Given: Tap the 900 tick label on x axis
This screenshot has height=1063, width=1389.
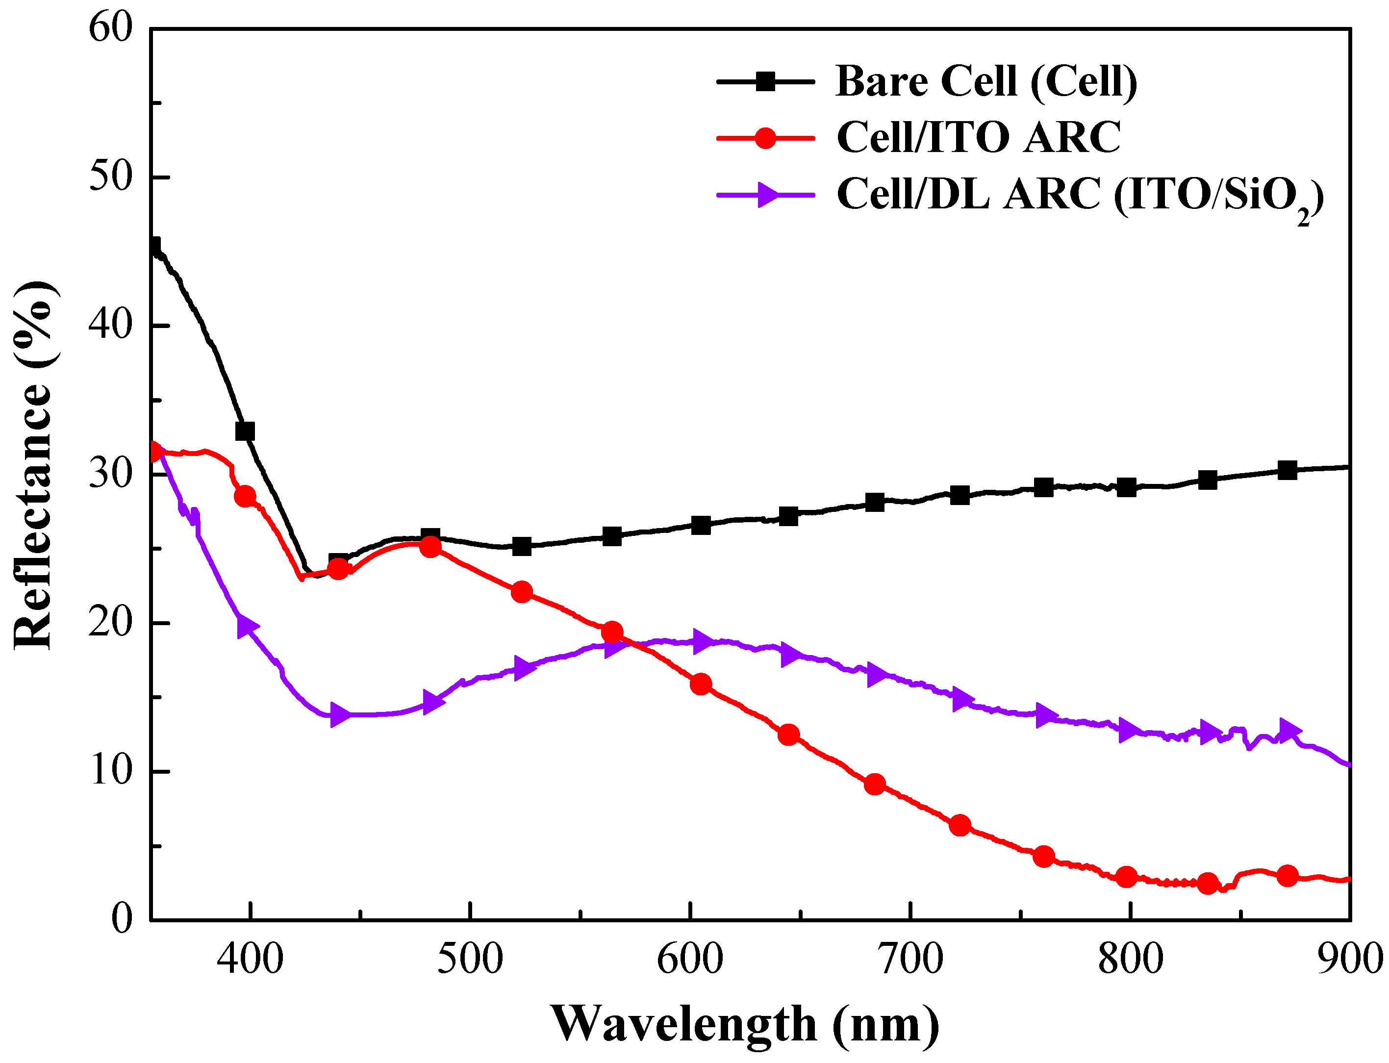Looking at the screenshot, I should [x=1349, y=959].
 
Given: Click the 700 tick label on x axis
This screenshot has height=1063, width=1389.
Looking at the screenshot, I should [x=909, y=959].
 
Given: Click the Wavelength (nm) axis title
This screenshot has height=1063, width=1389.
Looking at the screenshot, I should [x=745, y=1024].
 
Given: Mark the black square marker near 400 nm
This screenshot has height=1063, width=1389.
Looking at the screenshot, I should [x=245, y=431].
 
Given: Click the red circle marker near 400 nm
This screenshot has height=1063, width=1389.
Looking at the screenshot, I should [x=245, y=496].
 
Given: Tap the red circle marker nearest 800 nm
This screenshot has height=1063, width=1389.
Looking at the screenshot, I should [x=1126, y=877].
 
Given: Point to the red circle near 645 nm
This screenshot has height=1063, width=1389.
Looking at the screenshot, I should [x=788, y=734].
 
